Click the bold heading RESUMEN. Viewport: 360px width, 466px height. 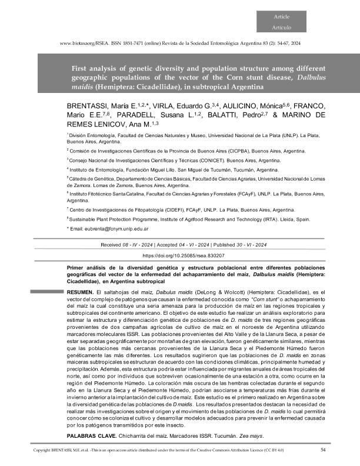point(79,292)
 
